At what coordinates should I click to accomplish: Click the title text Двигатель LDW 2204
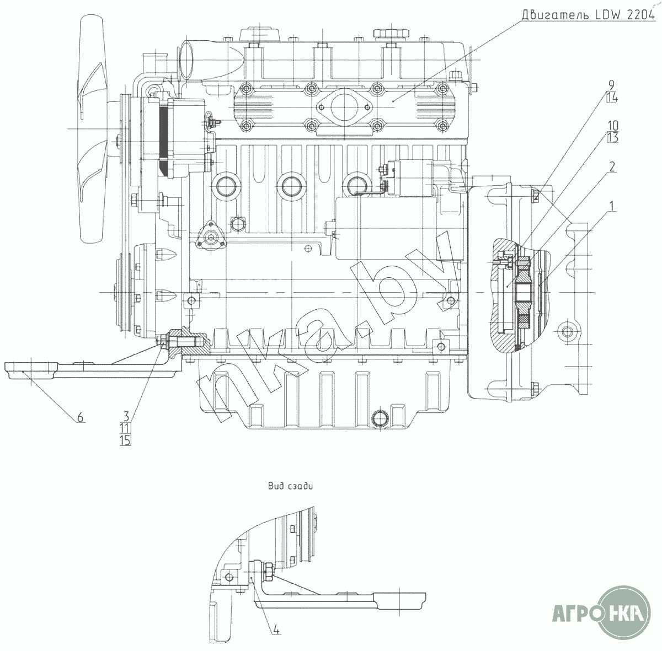(588, 15)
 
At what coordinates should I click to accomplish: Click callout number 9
(611, 85)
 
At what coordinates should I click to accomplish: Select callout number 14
(612, 98)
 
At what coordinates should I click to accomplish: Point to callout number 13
(612, 138)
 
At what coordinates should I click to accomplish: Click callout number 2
(612, 166)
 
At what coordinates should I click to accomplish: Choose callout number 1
(611, 206)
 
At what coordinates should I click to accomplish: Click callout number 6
(79, 417)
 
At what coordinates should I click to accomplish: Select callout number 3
(126, 417)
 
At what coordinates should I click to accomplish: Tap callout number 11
(125, 428)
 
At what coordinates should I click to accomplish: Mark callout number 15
(125, 440)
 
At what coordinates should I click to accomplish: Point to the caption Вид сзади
(291, 486)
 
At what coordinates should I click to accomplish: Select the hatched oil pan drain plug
(381, 418)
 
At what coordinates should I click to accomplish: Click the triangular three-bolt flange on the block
(211, 236)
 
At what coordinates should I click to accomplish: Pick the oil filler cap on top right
(391, 34)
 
